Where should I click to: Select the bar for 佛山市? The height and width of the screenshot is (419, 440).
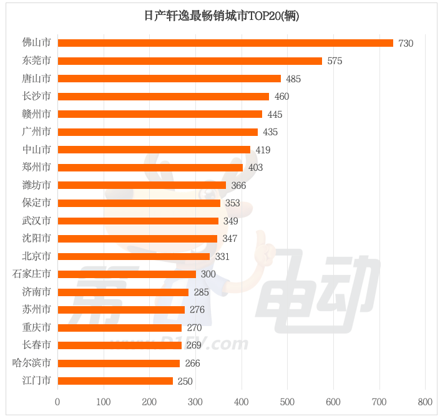click(225, 43)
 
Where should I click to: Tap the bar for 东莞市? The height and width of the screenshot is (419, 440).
click(190, 61)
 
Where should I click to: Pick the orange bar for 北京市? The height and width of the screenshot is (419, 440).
click(134, 256)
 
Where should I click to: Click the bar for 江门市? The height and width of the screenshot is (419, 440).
click(115, 381)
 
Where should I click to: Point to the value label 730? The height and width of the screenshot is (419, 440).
click(406, 44)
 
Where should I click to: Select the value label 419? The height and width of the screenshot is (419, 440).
click(263, 150)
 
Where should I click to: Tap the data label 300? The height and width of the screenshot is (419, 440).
click(208, 274)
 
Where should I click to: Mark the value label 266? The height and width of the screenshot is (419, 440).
click(192, 364)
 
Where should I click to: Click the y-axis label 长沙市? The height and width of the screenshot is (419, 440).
click(36, 97)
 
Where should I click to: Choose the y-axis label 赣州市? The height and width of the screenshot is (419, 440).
click(36, 114)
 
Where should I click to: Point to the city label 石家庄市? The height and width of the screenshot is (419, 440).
click(32, 274)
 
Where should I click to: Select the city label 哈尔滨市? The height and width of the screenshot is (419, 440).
click(32, 363)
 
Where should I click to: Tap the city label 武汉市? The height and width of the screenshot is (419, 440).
click(36, 221)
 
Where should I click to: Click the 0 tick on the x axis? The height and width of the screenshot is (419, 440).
click(58, 402)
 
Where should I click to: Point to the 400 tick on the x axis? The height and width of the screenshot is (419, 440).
click(242, 402)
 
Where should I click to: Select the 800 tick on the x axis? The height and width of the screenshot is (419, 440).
click(425, 402)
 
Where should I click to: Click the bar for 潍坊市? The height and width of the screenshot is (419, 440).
click(142, 185)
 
